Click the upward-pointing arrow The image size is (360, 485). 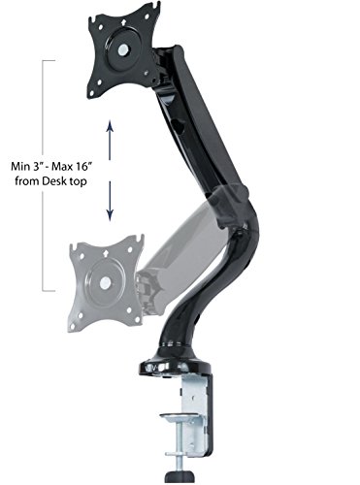(110, 140)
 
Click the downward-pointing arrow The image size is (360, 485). (110, 201)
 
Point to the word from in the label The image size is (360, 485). (27, 181)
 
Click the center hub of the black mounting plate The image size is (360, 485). (122, 49)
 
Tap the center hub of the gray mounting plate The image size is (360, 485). (105, 283)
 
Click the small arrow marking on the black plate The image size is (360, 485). (123, 23)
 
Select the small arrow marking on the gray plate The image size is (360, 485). (105, 254)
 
